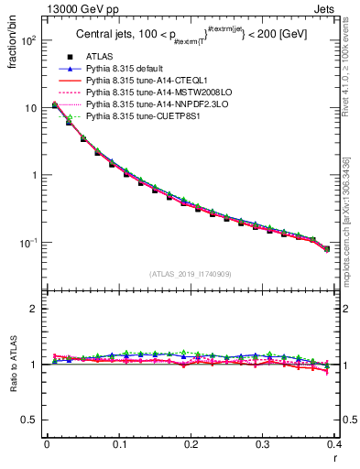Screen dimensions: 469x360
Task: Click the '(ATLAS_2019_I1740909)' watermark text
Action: coord(191,274)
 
